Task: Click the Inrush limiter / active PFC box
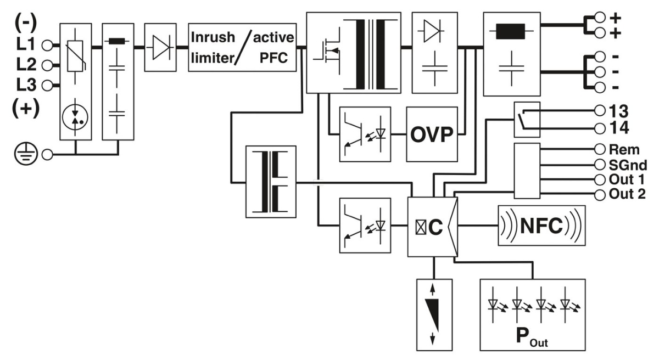(242, 47)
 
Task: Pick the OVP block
(432, 134)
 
